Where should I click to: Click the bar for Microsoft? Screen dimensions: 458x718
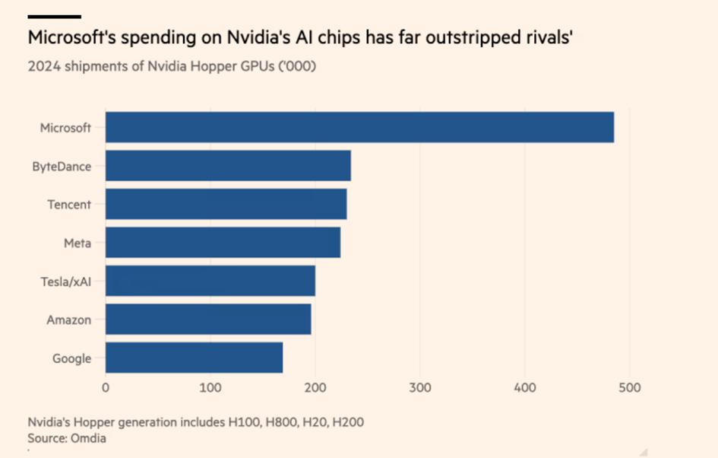pyautogui.click(x=359, y=127)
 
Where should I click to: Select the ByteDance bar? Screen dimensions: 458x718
pyautogui.click(x=228, y=166)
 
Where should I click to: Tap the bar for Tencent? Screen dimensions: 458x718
pyautogui.click(x=226, y=204)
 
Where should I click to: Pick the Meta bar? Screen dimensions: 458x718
pyautogui.click(x=223, y=242)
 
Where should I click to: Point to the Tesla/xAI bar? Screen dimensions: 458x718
pyautogui.click(x=210, y=281)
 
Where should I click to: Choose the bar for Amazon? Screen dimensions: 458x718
pyautogui.click(x=207, y=320)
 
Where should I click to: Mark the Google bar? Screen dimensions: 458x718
pyautogui.click(x=194, y=358)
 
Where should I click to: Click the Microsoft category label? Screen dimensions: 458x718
pyautogui.click(x=65, y=128)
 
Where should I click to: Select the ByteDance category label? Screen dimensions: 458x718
pyautogui.click(x=62, y=166)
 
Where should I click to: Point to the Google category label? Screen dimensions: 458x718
pyautogui.click(x=71, y=358)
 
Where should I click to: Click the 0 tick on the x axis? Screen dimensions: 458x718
pyautogui.click(x=106, y=388)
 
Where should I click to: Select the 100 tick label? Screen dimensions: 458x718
pyautogui.click(x=210, y=388)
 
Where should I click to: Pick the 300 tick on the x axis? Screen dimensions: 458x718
pyautogui.click(x=419, y=388)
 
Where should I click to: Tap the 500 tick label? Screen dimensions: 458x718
pyautogui.click(x=629, y=388)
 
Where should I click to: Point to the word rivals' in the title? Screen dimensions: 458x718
pyautogui.click(x=546, y=37)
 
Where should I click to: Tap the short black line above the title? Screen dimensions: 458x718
pyautogui.click(x=54, y=16)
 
